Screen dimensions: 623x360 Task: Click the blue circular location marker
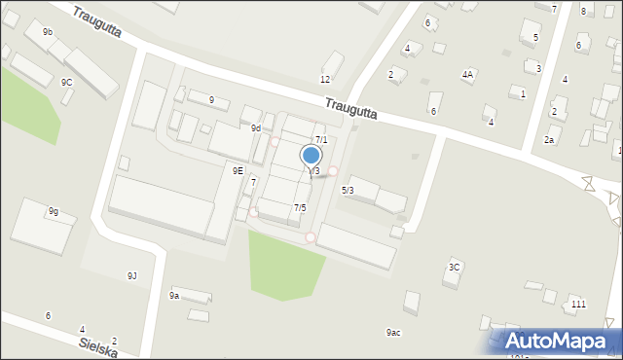(311, 155)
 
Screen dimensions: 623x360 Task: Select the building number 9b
(48, 32)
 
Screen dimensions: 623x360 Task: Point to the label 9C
(66, 83)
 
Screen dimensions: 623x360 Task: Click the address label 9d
(255, 127)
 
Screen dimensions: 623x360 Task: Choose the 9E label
(238, 170)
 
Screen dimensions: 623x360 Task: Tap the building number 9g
(54, 211)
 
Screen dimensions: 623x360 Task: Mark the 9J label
(132, 275)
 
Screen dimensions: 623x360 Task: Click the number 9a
(174, 295)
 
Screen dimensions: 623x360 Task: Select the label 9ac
(393, 333)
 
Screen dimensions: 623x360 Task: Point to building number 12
(325, 79)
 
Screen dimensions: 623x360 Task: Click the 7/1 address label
(321, 140)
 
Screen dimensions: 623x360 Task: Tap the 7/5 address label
(300, 207)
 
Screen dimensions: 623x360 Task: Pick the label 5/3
(348, 190)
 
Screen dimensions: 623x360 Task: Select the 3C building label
(454, 267)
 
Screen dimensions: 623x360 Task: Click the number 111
(578, 305)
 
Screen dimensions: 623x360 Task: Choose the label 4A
(468, 74)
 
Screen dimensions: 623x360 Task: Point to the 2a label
(549, 140)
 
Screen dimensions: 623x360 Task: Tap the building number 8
(583, 11)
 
